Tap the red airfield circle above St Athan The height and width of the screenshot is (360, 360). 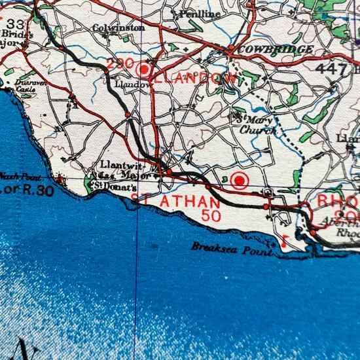click(240, 179)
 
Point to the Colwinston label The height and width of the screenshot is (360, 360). click(118, 28)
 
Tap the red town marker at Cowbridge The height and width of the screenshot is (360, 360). click(230, 49)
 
